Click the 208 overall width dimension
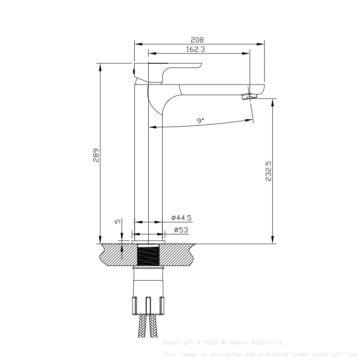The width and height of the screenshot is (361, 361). click(197, 40)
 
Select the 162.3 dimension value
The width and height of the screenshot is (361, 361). click(196, 49)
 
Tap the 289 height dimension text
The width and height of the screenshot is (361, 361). click(96, 155)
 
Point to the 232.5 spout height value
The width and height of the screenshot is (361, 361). click(268, 171)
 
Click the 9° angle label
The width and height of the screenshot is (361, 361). click(200, 121)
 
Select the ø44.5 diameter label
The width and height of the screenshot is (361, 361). click(181, 218)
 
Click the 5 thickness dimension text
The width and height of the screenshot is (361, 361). click(118, 221)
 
